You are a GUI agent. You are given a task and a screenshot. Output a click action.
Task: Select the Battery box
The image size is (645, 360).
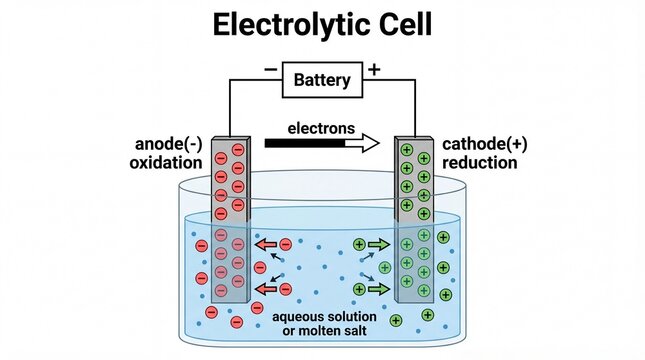(322, 79)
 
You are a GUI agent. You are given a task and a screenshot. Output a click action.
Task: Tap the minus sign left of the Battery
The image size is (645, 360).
(271, 70)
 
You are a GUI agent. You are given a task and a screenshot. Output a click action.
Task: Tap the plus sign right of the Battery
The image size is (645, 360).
(374, 69)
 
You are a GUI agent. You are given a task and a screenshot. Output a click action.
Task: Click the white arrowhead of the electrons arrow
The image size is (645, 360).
(367, 144)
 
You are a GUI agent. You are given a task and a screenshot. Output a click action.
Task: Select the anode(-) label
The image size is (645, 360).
(169, 143)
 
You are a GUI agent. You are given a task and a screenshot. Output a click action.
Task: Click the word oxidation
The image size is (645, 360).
(167, 162)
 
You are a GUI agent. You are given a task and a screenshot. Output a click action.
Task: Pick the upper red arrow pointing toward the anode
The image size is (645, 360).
(265, 243)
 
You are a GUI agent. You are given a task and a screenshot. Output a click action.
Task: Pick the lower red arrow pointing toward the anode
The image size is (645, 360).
(265, 289)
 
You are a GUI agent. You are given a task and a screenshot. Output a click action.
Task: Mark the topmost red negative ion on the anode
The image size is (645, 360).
(237, 150)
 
